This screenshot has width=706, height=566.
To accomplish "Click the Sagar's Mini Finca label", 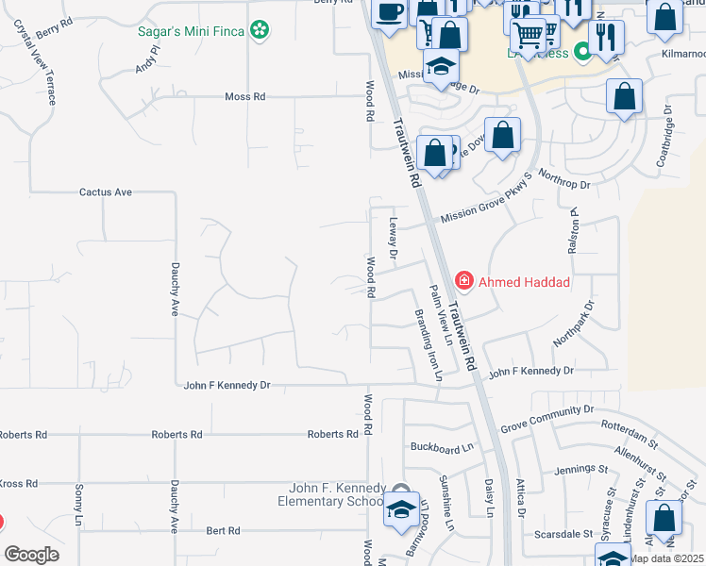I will [191, 31].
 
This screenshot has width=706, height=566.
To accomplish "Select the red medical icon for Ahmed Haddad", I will [464, 280].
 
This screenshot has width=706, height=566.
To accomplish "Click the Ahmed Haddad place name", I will [525, 281].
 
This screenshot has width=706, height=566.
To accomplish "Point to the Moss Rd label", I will [245, 96].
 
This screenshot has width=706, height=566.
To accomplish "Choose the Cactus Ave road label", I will [105, 191].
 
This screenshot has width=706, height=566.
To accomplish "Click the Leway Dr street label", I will [394, 238].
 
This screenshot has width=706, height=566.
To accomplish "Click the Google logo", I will [31, 554].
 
